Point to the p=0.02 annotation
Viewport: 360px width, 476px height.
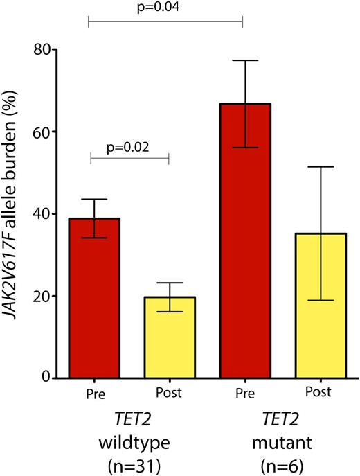(x=129, y=146)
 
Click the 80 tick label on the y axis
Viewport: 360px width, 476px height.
(x=42, y=50)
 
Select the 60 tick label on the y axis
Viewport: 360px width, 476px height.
(x=42, y=132)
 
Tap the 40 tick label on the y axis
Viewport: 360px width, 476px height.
(x=42, y=214)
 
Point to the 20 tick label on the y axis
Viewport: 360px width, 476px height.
(x=42, y=296)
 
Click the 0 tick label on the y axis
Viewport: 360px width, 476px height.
(x=47, y=378)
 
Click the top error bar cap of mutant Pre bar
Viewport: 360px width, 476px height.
(x=242, y=61)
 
